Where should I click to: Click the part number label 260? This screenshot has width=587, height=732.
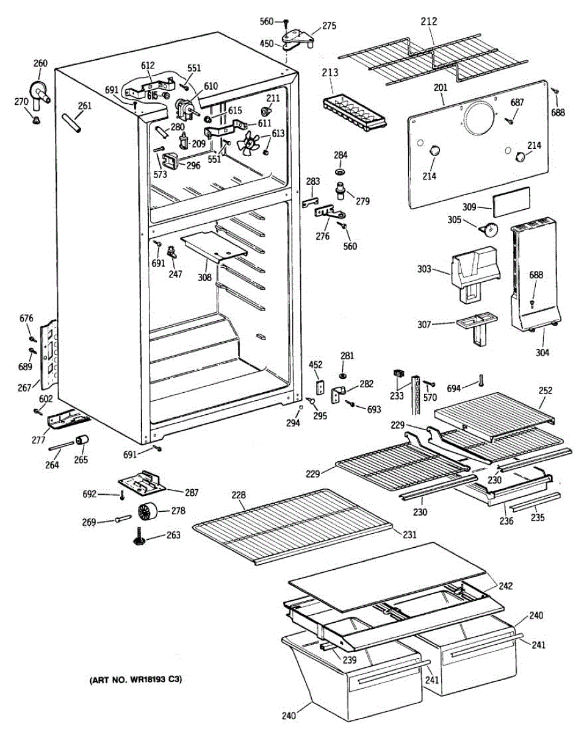(x=40, y=63)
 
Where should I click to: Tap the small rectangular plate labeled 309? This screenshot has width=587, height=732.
(x=511, y=202)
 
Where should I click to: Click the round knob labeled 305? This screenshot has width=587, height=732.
(x=489, y=229)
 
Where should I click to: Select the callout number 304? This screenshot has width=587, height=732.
(x=542, y=352)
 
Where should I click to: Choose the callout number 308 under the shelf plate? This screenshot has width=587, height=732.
(x=204, y=278)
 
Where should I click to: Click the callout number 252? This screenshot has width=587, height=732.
(x=545, y=390)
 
